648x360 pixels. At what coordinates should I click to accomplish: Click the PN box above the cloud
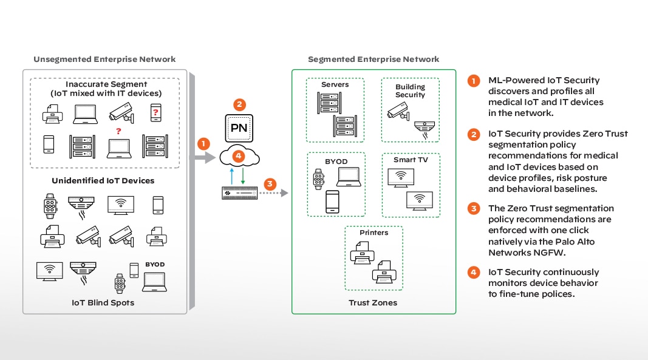(240, 129)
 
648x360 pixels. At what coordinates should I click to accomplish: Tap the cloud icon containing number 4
(240, 157)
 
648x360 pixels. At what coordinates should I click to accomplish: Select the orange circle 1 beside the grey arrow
(204, 144)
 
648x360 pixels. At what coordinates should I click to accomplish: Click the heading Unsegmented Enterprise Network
(104, 59)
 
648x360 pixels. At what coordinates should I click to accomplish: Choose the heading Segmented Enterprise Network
(373, 59)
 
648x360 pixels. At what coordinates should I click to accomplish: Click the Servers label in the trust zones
(335, 84)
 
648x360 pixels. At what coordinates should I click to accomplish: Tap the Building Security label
(410, 91)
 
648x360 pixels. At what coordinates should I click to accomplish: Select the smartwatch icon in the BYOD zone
(319, 179)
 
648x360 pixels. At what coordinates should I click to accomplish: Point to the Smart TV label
(411, 160)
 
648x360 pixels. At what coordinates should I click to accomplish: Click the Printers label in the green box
(373, 233)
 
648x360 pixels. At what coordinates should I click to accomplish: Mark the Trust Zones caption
(373, 302)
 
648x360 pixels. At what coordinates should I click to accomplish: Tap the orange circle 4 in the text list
(473, 273)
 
